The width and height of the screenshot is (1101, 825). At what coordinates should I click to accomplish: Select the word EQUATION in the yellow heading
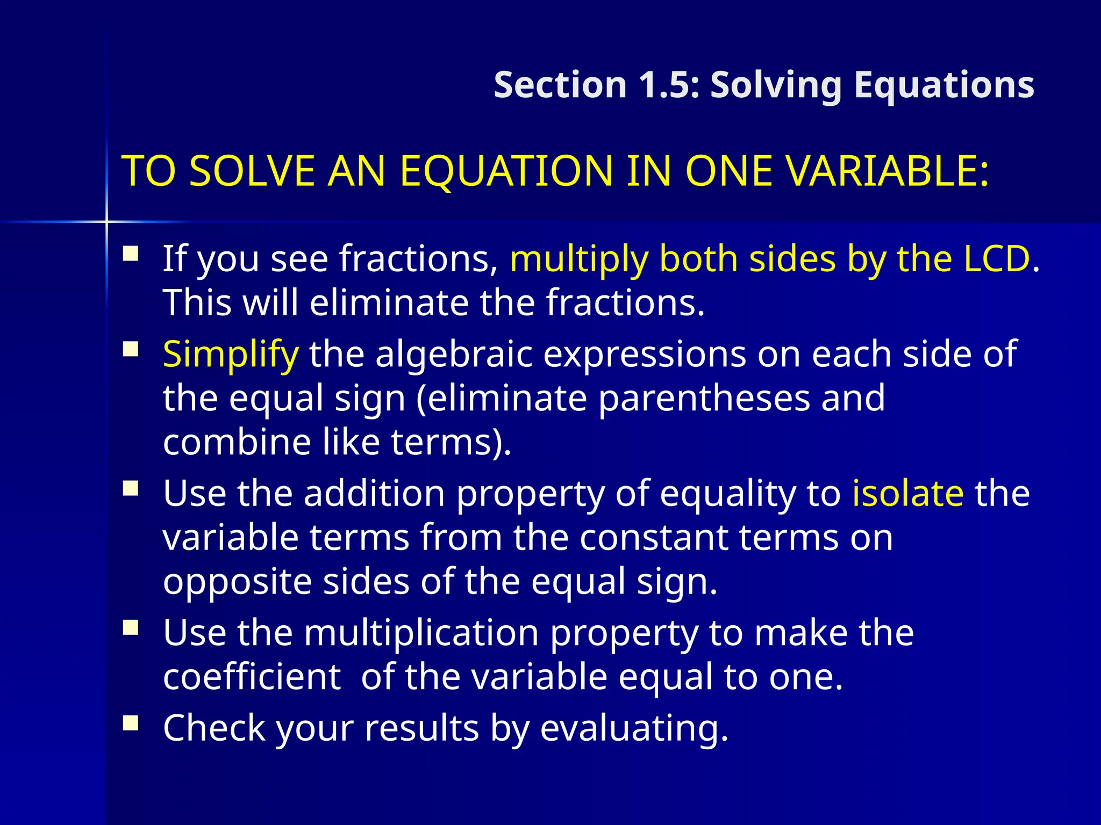point(505,171)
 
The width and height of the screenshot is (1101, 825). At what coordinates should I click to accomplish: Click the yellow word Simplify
point(230,355)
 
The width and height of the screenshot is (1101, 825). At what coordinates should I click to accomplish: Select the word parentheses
point(704,398)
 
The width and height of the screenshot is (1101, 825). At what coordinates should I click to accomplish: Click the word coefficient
point(252,676)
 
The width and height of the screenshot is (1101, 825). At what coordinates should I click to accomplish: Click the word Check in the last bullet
point(215,728)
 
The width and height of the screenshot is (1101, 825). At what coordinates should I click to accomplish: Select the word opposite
point(237,582)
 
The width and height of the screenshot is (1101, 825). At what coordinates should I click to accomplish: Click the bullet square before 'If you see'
point(131,253)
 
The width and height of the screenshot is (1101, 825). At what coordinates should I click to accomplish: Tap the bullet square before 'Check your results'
point(131,723)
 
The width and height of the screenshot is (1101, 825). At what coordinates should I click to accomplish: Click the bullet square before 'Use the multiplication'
point(131,627)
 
